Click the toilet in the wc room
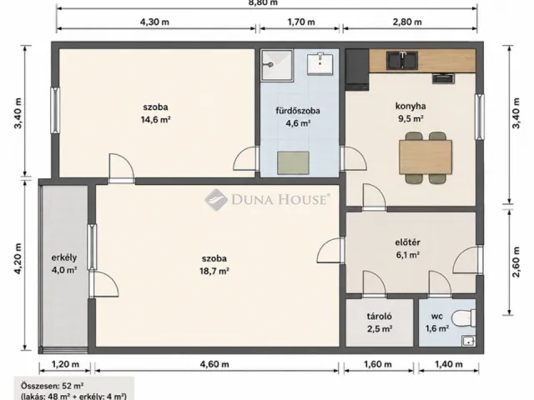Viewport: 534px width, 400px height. [464, 317]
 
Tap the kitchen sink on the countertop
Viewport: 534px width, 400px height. [402, 60]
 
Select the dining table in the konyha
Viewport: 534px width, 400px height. [426, 157]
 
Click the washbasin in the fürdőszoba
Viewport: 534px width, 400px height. [320, 63]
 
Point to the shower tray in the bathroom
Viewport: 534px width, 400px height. [277, 65]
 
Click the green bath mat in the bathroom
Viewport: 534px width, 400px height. [293, 163]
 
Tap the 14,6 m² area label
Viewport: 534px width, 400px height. [156, 120]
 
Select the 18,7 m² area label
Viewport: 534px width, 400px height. [214, 271]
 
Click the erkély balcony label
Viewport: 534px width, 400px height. [64, 257]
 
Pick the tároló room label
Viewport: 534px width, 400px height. [380, 317]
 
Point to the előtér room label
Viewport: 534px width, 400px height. [408, 242]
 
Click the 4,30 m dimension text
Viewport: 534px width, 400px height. [154, 22]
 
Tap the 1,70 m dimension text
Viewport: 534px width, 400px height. [301, 22]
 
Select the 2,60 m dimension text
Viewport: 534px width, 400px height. [516, 262]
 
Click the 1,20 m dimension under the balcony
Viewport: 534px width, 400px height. [65, 365]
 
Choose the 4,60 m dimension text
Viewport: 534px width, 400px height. [214, 365]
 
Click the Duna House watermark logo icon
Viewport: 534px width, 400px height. [216, 200]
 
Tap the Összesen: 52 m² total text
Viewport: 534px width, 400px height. [53, 386]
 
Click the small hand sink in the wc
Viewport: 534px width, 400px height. [469, 341]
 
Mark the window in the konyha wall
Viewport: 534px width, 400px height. [480, 117]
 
